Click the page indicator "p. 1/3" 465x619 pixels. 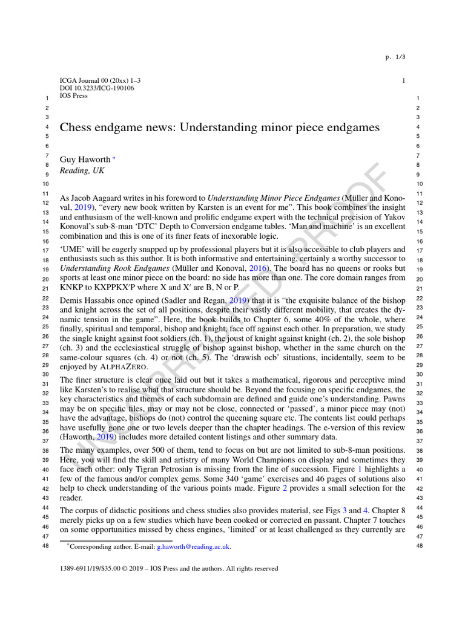[395, 57]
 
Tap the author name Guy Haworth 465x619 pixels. [85, 160]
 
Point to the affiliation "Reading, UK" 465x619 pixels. [82, 171]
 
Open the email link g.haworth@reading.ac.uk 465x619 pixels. [193, 546]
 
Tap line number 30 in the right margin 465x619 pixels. [418, 374]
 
